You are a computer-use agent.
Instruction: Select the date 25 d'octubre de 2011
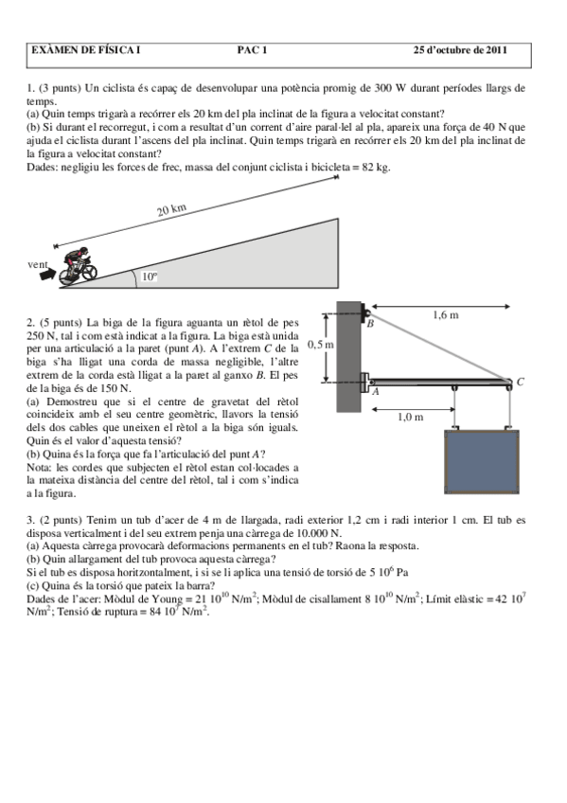pos(460,50)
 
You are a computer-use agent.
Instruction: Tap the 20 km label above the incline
pos(171,209)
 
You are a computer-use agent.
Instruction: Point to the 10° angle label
pos(150,277)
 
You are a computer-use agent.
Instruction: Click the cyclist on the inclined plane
pos(78,266)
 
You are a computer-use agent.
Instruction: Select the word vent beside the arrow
pos(39,265)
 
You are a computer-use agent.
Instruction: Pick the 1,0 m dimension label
pos(410,416)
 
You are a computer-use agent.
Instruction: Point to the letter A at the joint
pos(375,390)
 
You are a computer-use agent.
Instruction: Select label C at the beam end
pos(520,382)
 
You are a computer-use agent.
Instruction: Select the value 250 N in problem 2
pos(44,336)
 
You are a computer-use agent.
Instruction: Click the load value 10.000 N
pos(313,532)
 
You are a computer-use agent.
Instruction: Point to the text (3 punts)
pos(61,88)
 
